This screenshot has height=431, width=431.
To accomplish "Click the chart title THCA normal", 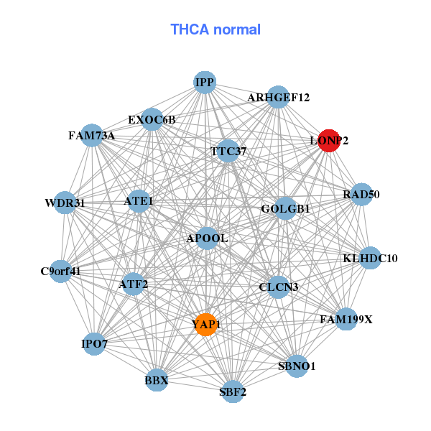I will coord(215,29).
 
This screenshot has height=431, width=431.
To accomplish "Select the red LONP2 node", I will coord(329,141).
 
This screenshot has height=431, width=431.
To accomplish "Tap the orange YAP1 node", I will coord(206,325).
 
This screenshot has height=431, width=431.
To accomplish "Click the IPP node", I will coord(205,83).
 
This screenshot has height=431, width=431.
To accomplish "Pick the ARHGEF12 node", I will coord(278,97).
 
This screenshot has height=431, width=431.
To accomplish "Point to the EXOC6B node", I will coord(152,119).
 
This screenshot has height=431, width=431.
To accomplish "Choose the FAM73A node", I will coord(92,135).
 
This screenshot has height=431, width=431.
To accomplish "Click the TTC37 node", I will coord(228,152).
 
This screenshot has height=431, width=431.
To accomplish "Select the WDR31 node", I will coord(65,203).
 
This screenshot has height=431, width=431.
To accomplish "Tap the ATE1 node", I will coord(139,201).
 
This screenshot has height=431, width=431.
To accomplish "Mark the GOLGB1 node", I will coord(285,209).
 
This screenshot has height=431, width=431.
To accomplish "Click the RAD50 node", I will coord(361,194).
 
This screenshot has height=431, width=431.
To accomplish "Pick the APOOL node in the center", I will coord(207,238).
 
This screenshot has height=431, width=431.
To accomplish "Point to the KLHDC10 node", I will coord(370,258).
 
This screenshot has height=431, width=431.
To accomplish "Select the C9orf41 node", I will coord(61,272).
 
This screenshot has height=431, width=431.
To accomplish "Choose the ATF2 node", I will coord(134,284).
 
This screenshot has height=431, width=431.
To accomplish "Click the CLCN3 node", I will coord(278,287).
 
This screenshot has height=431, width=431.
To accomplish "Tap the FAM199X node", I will coord(346,319).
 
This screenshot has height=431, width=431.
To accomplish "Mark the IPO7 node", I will coord(95,344).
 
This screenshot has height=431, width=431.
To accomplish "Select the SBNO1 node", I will coord(297,366).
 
